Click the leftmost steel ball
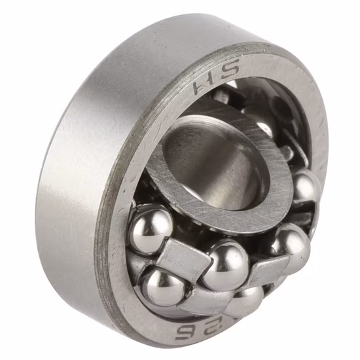[151, 228]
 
